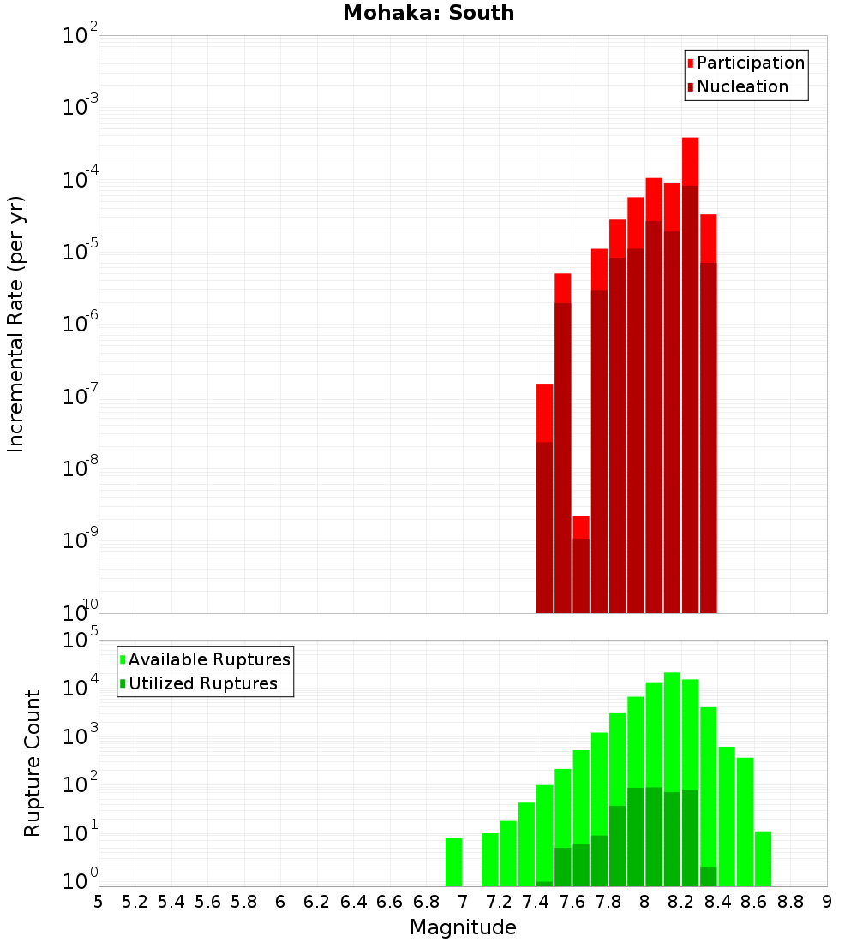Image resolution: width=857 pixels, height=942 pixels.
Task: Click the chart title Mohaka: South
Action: (x=428, y=13)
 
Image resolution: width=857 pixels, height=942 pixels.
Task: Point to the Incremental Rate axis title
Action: (x=16, y=324)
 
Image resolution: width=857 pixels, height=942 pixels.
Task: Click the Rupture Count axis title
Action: (x=33, y=763)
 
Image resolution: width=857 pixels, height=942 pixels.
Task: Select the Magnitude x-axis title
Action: (x=463, y=927)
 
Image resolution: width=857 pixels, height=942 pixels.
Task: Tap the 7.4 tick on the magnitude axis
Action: (x=536, y=901)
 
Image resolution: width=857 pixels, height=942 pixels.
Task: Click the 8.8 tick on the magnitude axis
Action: (x=790, y=901)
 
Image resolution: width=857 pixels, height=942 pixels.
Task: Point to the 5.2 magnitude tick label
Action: (x=135, y=901)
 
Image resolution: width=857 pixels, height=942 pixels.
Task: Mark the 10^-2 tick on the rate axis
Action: (x=81, y=37)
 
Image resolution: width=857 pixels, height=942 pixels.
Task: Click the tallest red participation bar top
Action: (x=691, y=140)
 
